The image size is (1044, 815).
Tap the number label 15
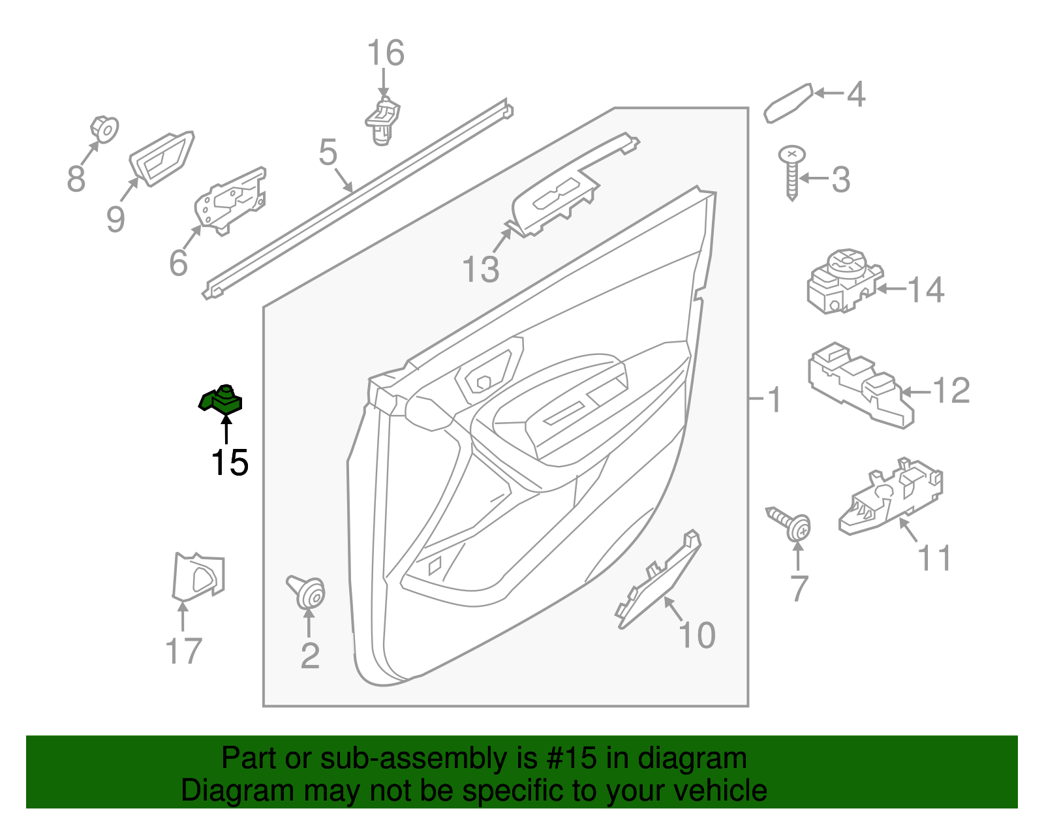pyautogui.click(x=229, y=463)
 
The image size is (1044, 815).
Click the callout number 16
pyautogui.click(x=385, y=54)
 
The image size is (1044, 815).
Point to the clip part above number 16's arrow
pyautogui.click(x=382, y=121)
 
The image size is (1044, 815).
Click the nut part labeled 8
pyautogui.click(x=104, y=129)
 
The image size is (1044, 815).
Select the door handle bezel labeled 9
pyautogui.click(x=161, y=158)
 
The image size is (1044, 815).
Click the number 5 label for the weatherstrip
pyautogui.click(x=328, y=153)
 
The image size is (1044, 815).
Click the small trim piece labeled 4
pyautogui.click(x=788, y=103)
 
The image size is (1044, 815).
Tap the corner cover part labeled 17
pyautogui.click(x=198, y=576)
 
